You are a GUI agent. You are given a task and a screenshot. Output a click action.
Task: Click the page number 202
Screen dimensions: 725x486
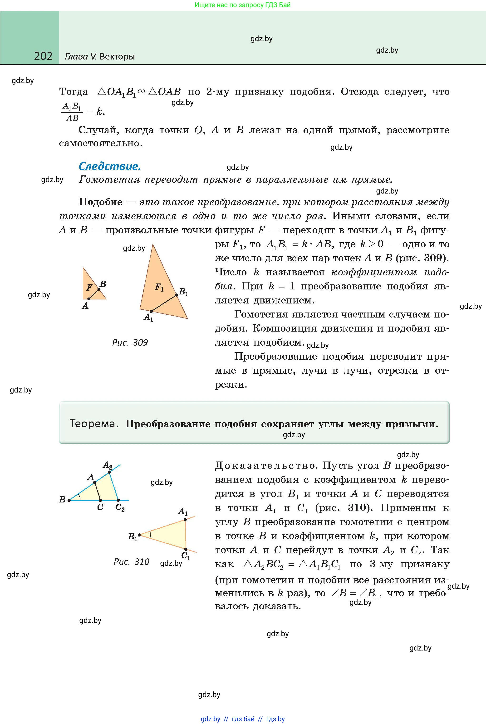(x=43, y=56)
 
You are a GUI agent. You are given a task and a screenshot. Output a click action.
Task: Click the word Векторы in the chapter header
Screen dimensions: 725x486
(x=118, y=57)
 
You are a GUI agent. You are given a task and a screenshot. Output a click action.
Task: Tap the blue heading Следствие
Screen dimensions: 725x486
(x=110, y=167)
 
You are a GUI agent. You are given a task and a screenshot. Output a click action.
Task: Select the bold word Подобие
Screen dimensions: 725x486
(x=101, y=202)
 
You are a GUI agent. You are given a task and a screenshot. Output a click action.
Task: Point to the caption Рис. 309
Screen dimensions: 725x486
(x=130, y=342)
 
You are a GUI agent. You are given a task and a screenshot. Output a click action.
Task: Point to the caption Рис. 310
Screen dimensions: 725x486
(x=131, y=561)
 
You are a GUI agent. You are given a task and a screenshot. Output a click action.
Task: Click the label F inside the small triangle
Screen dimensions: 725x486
(x=89, y=288)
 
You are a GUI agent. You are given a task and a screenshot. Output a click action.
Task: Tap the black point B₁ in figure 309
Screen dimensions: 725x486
(x=176, y=295)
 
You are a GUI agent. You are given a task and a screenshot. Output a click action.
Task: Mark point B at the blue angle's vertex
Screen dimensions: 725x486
(x=69, y=500)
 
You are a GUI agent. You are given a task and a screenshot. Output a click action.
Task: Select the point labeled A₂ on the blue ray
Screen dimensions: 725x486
(x=109, y=472)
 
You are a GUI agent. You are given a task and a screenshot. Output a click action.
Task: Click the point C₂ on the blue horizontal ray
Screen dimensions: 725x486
(x=118, y=500)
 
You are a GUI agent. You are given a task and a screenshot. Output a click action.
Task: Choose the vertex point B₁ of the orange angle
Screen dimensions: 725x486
(x=139, y=535)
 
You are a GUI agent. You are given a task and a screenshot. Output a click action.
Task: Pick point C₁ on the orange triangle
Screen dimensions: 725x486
(x=186, y=549)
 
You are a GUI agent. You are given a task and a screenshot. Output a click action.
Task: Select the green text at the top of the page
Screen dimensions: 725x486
(x=243, y=5)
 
